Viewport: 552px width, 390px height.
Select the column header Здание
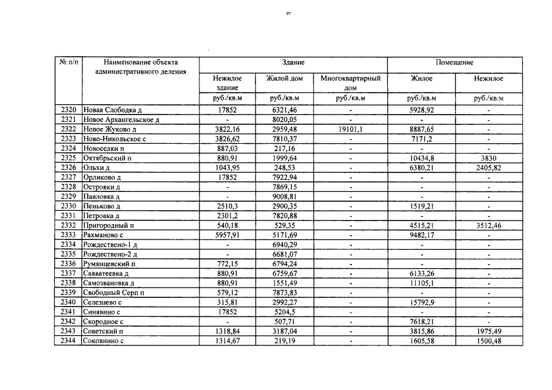coord(293,63)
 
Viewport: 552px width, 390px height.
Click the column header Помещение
coord(454,63)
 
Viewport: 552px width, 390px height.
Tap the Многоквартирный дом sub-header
coord(351,83)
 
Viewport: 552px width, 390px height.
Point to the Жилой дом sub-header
coord(284,79)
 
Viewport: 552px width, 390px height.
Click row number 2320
coord(69,110)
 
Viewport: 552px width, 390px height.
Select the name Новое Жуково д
coord(109,129)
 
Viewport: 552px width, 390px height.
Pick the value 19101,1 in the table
coord(351,129)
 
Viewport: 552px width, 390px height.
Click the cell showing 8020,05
coord(284,119)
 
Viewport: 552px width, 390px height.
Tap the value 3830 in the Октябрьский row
coord(489,158)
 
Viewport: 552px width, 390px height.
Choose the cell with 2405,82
coord(489,168)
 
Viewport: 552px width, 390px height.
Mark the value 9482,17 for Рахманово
coord(422,235)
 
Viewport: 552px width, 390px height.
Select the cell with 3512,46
coord(489,225)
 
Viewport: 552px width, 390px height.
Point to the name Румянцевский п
coord(109,264)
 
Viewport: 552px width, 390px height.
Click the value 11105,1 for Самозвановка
coord(422,283)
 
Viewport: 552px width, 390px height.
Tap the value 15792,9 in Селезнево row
coord(422,302)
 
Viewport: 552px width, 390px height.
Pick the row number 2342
coord(69,322)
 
